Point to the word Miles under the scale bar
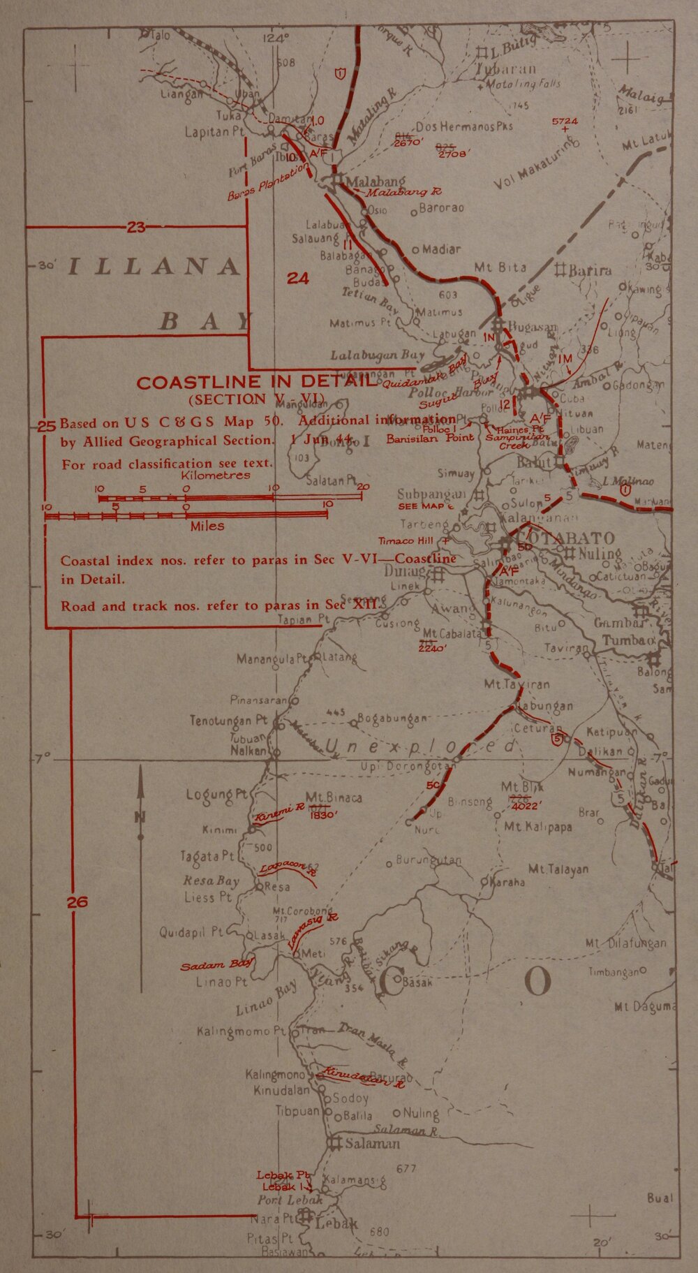click(x=207, y=526)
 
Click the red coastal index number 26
click(x=77, y=902)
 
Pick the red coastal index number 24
click(x=298, y=279)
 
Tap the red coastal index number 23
click(x=136, y=226)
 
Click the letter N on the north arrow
click(x=140, y=818)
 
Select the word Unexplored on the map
click(x=421, y=748)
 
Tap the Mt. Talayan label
click(x=558, y=869)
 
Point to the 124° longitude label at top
click(x=276, y=39)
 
